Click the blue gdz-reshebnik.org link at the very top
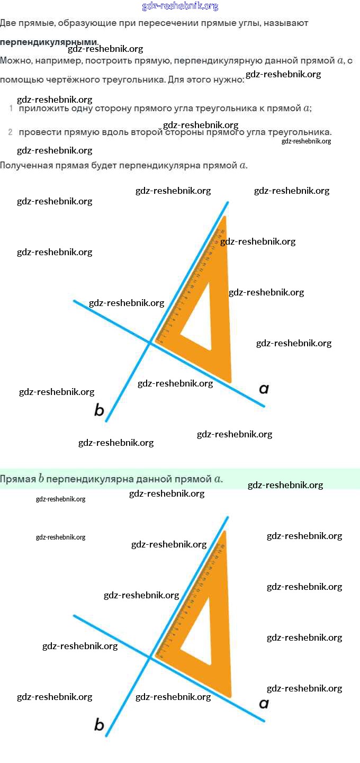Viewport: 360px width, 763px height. (180, 6)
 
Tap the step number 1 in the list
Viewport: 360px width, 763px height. (11, 109)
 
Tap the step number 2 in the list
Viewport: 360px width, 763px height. (11, 132)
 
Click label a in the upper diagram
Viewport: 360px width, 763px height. (264, 389)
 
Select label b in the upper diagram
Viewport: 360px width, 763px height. (99, 410)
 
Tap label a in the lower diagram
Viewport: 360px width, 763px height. (264, 704)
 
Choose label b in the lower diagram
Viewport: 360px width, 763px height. (99, 724)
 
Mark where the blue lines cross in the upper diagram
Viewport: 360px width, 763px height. (150, 343)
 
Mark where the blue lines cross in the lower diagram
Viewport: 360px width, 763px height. (150, 658)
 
